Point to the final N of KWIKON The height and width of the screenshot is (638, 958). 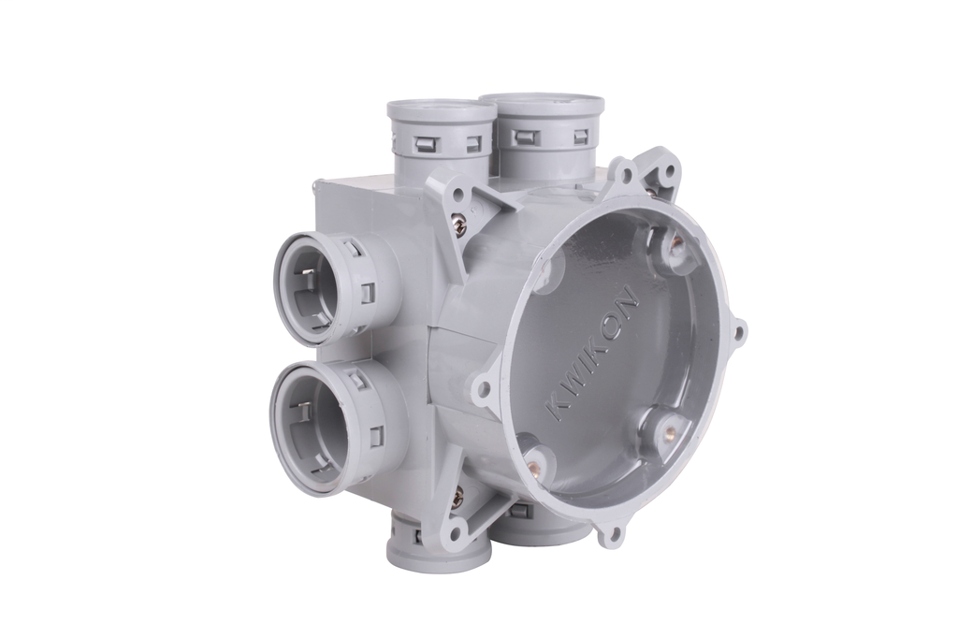(x=630, y=304)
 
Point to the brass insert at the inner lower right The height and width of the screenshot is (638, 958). (x=669, y=431)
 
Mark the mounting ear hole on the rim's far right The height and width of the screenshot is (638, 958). (x=738, y=331)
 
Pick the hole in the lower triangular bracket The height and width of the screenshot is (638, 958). (x=456, y=537)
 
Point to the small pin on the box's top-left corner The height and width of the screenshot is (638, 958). (x=310, y=192)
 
